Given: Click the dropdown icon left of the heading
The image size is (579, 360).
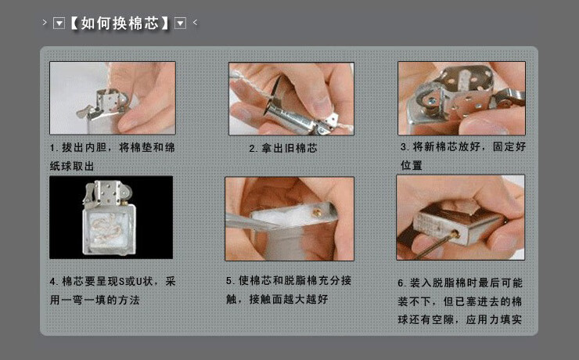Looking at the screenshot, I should (x=58, y=23).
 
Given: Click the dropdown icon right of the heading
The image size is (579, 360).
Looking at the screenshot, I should (x=180, y=23).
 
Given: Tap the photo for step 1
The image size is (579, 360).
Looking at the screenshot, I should (x=113, y=98).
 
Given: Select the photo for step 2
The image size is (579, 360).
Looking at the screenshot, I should (x=291, y=98).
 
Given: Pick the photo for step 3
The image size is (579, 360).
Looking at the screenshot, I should (x=461, y=98).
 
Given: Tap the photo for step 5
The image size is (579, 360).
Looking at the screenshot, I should (x=289, y=218).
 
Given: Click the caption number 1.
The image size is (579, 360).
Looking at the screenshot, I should (x=52, y=148).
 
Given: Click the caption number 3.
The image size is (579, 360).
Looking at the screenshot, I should (x=404, y=147).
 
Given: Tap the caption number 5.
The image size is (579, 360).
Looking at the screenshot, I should (x=229, y=280).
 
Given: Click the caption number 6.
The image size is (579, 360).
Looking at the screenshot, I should (x=401, y=283).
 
